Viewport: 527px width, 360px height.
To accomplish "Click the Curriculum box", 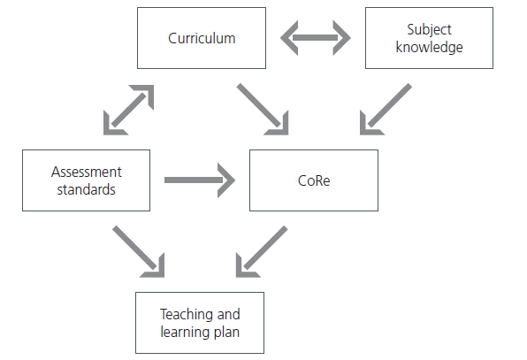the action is [x=202, y=38].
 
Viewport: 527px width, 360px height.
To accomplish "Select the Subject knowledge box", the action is [x=429, y=38].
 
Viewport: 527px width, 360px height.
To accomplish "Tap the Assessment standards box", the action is [x=86, y=180].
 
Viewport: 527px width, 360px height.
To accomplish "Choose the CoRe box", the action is [x=314, y=180].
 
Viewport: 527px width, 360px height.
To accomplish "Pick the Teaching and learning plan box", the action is [x=200, y=323].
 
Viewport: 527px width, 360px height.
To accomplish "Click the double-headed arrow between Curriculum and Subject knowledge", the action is [x=316, y=38].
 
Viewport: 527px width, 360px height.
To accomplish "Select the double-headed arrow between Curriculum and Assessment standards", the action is [x=129, y=110].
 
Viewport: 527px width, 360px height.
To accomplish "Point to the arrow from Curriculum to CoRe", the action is [x=263, y=110].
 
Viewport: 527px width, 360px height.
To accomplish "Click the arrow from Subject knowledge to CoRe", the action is [x=386, y=110].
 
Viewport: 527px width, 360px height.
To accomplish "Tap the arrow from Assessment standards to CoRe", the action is [x=200, y=180].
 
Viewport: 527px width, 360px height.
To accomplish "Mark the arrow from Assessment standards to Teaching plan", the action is [x=139, y=252].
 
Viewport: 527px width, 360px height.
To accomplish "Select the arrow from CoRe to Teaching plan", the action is [x=262, y=252].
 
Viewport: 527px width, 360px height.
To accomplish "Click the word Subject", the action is [x=429, y=29].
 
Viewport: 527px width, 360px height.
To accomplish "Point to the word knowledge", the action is [x=429, y=47].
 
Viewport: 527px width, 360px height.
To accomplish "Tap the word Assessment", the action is [x=87, y=172].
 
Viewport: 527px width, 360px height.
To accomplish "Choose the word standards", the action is [x=86, y=189].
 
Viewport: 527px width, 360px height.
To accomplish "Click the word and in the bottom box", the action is [x=228, y=315].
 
